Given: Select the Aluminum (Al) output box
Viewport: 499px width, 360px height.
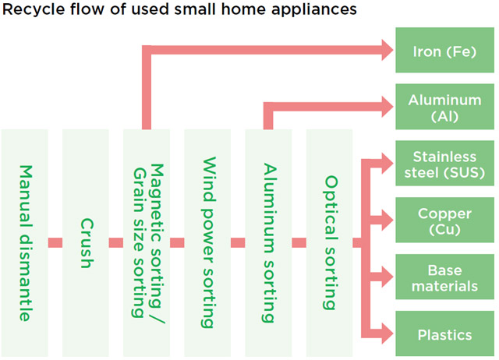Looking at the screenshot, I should tap(444, 108).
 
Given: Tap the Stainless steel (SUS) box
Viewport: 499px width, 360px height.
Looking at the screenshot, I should tap(444, 164).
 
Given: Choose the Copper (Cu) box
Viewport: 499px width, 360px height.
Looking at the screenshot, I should tap(444, 221).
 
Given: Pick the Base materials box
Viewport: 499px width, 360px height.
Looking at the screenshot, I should tap(444, 278).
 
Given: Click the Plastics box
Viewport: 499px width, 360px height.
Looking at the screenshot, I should tap(444, 335).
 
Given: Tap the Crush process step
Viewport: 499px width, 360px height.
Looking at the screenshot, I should tap(86, 242).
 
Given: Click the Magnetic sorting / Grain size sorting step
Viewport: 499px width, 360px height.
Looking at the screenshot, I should tap(147, 242).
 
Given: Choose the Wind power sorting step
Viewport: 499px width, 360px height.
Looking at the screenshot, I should tap(207, 242).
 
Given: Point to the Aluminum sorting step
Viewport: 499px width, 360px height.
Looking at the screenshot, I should tap(268, 242).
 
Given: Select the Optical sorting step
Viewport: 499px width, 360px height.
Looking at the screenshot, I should tap(329, 242).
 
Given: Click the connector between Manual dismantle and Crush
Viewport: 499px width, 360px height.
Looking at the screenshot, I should tap(55, 242).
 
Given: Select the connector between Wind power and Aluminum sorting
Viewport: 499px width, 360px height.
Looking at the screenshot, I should tap(238, 242).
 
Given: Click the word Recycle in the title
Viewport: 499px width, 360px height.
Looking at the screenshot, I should tap(29, 10).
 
